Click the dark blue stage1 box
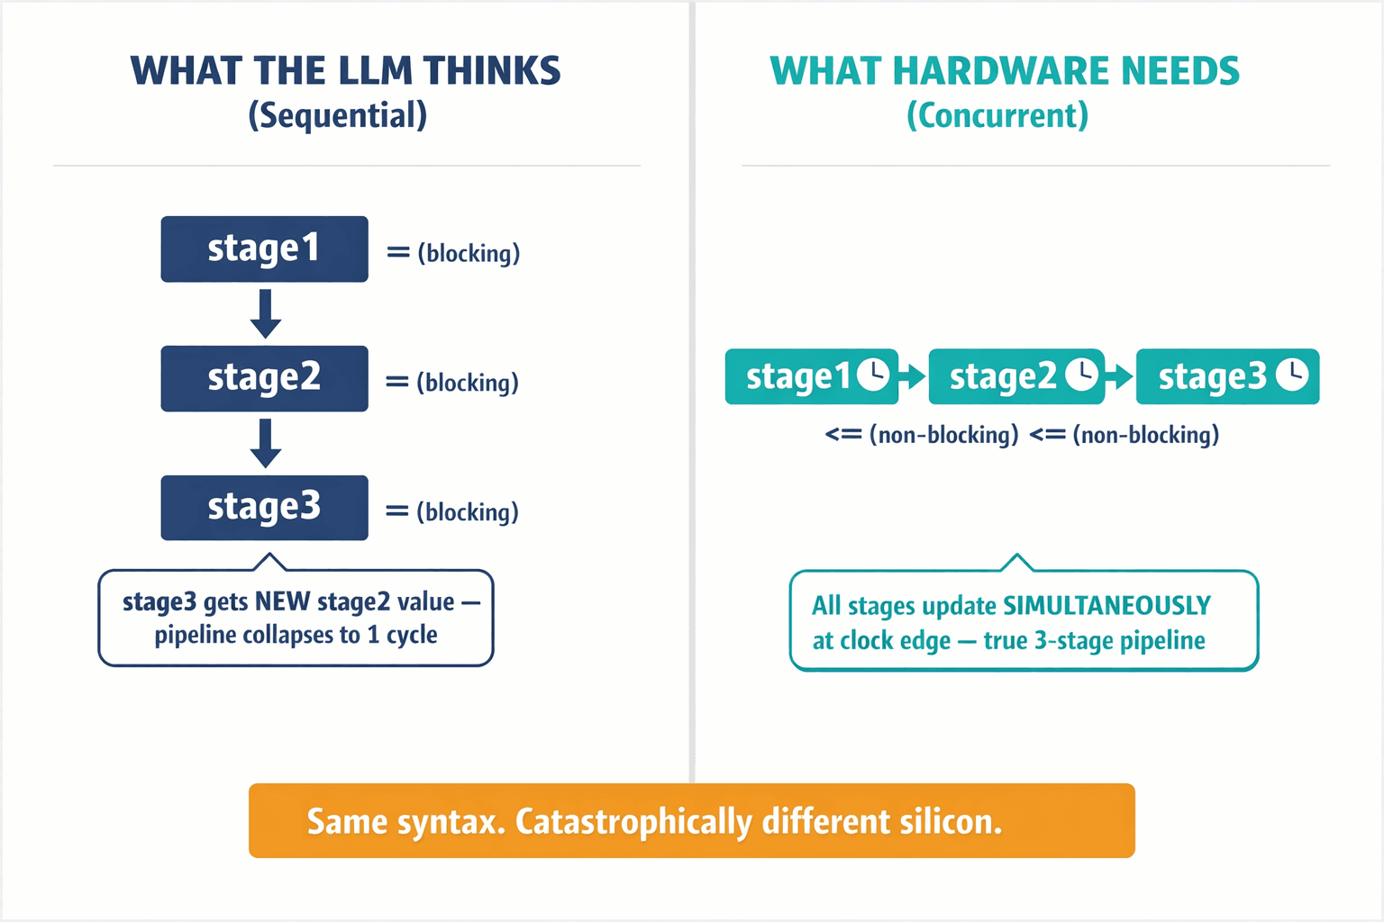[264, 249]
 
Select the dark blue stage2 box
[264, 378]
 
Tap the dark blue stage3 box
[264, 508]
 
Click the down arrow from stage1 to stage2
[265, 313]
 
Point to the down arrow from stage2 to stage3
[265, 443]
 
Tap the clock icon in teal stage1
[873, 375]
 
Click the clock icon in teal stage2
[1082, 375]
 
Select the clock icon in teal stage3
[1292, 375]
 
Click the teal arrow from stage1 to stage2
[913, 376]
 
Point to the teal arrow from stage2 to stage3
[1120, 376]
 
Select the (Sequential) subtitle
[338, 116]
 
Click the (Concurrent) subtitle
[997, 116]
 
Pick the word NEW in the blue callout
[283, 601]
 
